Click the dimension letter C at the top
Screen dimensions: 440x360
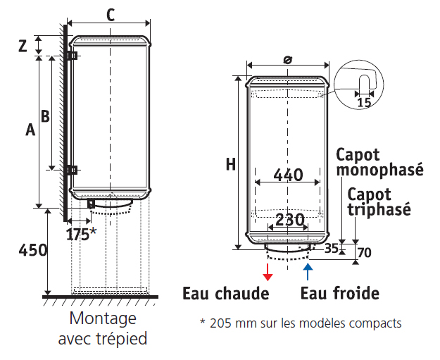pos(111,15)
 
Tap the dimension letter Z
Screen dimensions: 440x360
pos(23,46)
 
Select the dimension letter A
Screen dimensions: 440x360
pos(30,130)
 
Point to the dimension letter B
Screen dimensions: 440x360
pos(45,116)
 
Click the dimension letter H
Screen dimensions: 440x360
pos(231,164)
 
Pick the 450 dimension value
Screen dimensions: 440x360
pos(33,250)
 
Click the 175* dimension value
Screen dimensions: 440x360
pos(82,234)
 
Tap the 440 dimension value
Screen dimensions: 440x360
pos(289,175)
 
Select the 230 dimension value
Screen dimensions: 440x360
pos(290,220)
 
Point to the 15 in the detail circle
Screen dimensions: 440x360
pos(364,102)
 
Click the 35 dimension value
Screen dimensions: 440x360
pos(331,248)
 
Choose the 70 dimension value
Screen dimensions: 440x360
pos(365,252)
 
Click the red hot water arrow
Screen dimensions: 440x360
pos(268,272)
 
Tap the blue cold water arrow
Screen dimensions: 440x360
pos(308,272)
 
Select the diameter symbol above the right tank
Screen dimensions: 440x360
pos(288,60)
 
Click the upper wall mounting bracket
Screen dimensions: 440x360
pos(73,56)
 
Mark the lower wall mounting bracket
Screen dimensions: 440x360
pos(73,170)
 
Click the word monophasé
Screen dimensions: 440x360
pos(380,170)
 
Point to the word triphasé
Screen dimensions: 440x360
pos(379,209)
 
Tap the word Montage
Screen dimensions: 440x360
pos(103,318)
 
